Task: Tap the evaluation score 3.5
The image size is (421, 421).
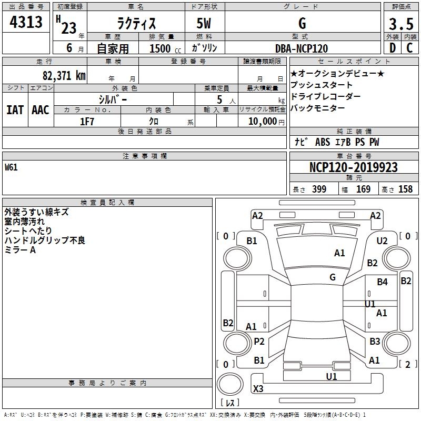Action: point(400,24)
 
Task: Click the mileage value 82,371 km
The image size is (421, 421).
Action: point(63,75)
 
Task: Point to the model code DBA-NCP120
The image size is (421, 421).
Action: point(302,48)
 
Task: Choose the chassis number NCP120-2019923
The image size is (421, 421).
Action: point(354,167)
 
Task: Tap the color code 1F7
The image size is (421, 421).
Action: point(87,122)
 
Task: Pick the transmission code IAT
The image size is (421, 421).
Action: point(15,109)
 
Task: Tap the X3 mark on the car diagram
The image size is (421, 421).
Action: point(258,389)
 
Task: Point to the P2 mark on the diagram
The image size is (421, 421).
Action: point(259,342)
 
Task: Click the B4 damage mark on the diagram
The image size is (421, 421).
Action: point(383,282)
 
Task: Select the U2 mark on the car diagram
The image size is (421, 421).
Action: point(383,241)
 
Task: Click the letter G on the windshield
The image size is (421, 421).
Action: point(333,277)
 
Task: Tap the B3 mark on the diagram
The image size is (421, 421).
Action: point(375,342)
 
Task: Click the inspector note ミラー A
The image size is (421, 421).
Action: point(20,250)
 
